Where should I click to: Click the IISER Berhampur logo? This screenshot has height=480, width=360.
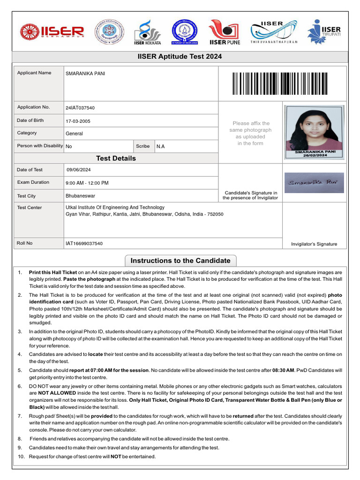(52, 32)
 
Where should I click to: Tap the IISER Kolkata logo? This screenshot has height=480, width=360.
(147, 32)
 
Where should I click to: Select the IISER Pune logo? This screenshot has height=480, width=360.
(224, 32)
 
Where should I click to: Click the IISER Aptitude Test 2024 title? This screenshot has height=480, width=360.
(180, 57)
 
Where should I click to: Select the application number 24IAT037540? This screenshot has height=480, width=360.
(80, 108)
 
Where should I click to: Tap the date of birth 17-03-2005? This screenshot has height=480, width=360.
(78, 121)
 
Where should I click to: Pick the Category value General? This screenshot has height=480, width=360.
(74, 134)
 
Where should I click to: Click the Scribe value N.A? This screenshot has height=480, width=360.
(160, 146)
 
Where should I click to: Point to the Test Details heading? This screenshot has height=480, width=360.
(116, 158)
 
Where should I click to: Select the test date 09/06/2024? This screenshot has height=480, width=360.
(79, 170)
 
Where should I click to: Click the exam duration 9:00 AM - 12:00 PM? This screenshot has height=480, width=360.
(87, 183)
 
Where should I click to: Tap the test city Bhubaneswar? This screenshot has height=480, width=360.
(80, 196)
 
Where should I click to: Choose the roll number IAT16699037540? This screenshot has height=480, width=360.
(84, 243)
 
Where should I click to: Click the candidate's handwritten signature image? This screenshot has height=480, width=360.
(314, 183)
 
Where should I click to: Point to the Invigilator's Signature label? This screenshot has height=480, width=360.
(314, 244)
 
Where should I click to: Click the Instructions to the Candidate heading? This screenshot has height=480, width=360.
(180, 261)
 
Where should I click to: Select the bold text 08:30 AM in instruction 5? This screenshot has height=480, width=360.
(283, 370)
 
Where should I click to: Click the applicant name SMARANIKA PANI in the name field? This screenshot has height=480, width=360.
(85, 74)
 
